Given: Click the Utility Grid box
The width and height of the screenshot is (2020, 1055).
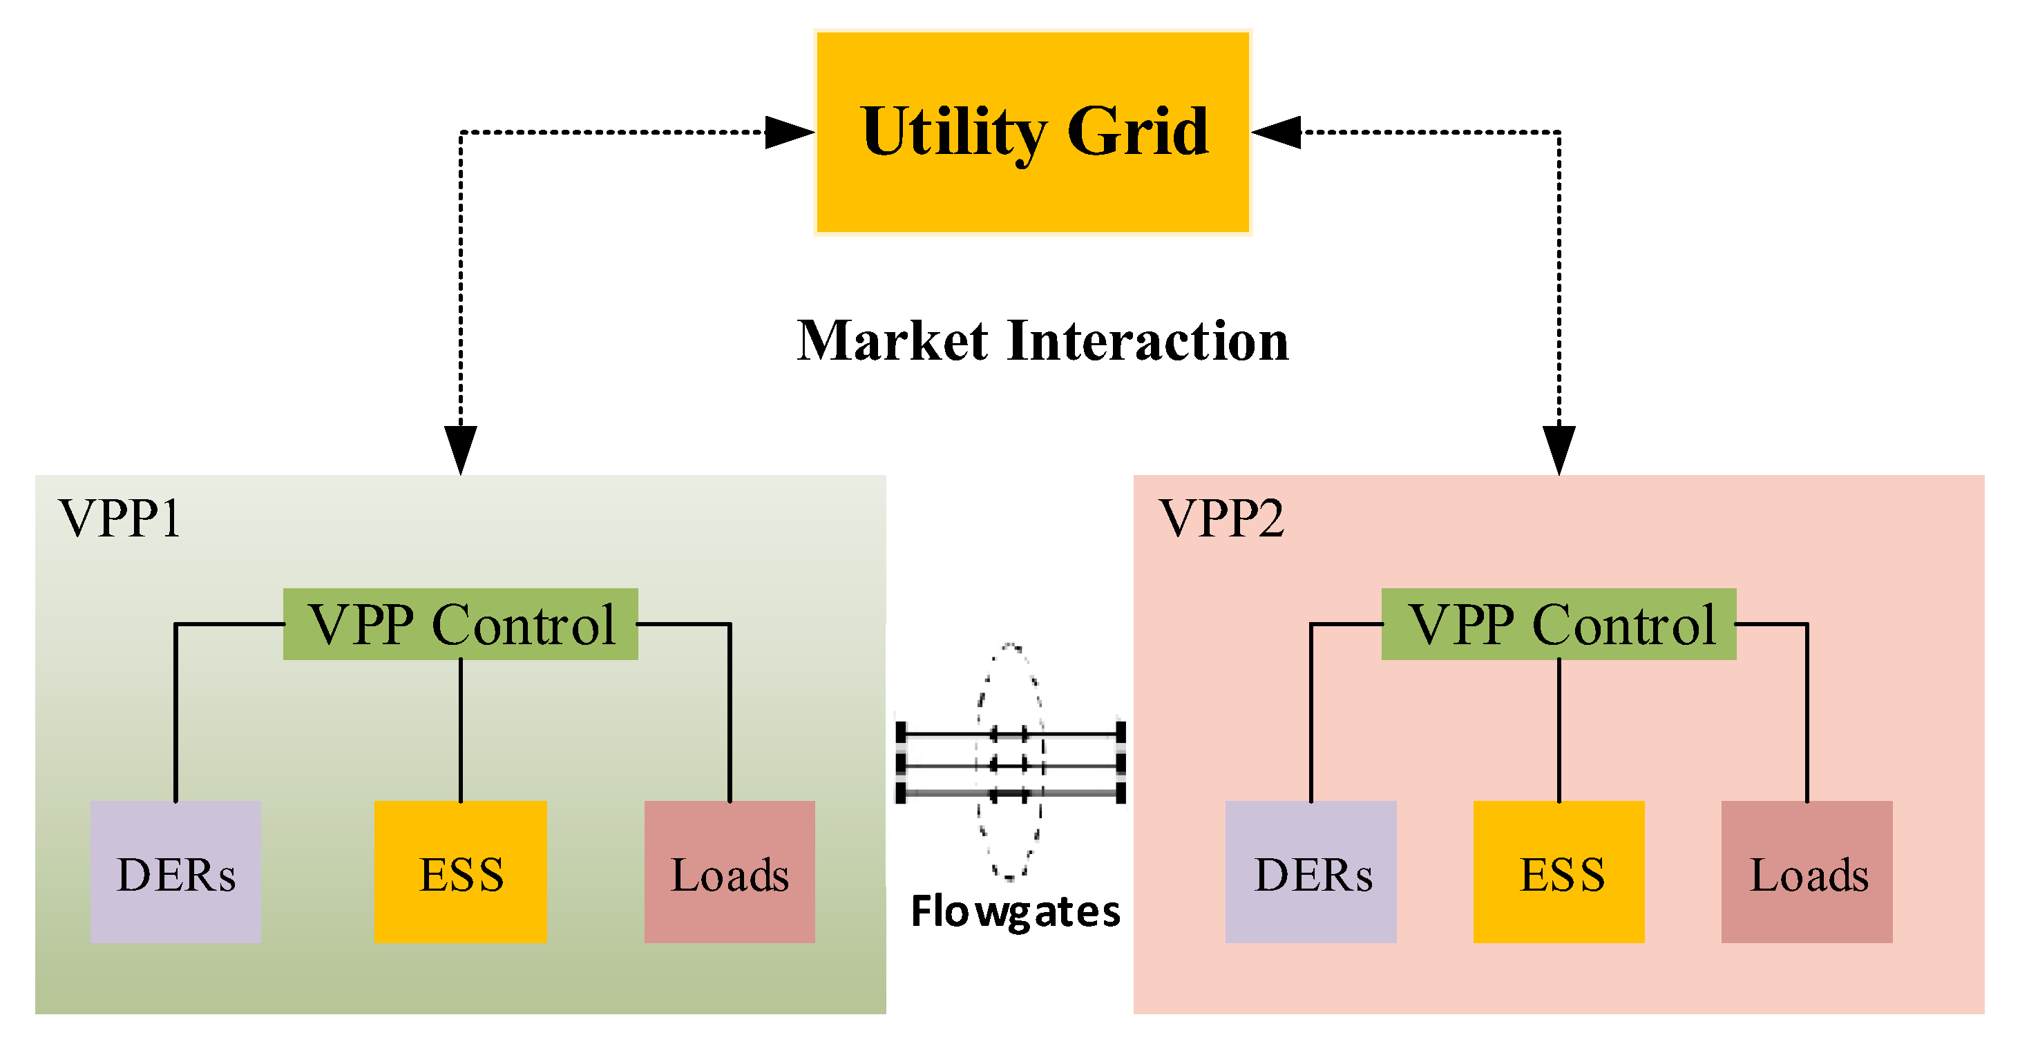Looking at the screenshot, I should pos(1033,188).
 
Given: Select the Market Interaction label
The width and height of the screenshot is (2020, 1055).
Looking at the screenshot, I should pos(1042,341).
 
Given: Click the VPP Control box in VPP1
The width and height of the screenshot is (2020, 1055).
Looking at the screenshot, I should pos(460,624).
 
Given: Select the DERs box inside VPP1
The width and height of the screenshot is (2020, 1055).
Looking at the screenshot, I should pos(175,871).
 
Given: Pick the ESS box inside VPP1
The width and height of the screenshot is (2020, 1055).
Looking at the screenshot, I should pos(460,871).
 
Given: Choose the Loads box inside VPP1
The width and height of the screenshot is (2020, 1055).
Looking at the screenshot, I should pos(730,871).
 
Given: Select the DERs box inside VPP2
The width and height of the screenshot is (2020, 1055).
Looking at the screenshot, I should pos(1311,871).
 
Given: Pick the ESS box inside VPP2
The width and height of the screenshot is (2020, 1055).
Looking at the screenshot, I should pos(1559,871).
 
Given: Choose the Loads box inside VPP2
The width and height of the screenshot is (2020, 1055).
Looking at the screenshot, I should pos(1807,871).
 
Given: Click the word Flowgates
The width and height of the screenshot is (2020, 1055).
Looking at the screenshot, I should pos(1016,911).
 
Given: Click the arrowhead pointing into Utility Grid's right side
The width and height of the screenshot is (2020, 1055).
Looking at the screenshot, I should pos(1277,133).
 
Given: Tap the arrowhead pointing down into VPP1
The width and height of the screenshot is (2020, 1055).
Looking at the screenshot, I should pos(460,449).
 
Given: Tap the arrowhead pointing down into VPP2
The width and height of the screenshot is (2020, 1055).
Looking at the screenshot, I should pos(1559,449).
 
